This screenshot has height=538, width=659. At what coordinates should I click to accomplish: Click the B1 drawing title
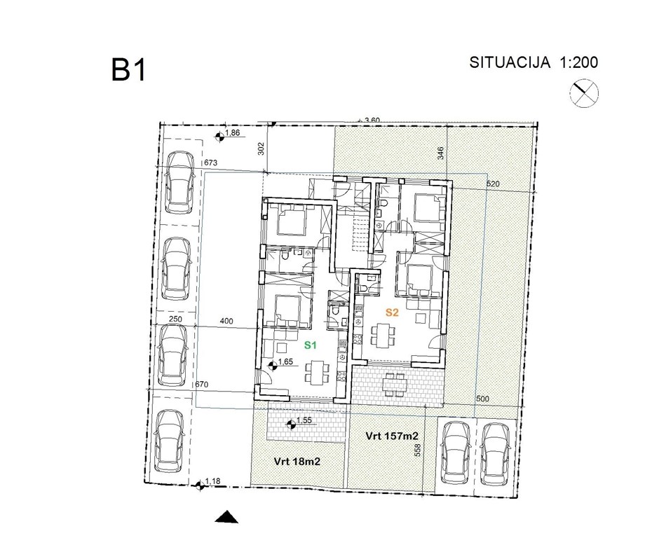tap(128, 71)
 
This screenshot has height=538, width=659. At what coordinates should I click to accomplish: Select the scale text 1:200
tap(578, 62)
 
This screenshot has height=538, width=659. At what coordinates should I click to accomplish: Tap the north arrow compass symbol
tap(583, 93)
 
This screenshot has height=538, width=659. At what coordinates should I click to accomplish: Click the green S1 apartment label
tap(311, 345)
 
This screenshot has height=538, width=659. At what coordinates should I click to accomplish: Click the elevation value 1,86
tap(233, 133)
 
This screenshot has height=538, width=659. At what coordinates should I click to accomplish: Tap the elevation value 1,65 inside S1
tap(285, 362)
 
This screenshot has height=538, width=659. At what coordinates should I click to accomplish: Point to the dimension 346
tap(440, 152)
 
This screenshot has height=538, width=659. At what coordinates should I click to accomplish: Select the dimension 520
tap(495, 184)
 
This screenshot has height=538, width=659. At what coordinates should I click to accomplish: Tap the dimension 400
tap(226, 321)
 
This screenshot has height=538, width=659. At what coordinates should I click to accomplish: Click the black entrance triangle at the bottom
tap(227, 517)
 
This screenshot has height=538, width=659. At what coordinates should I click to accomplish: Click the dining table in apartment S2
tap(381, 336)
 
